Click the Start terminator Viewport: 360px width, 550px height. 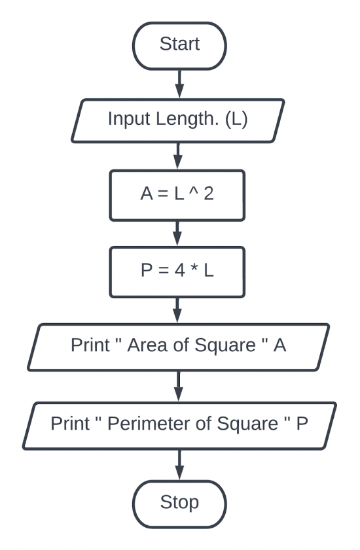click(179, 44)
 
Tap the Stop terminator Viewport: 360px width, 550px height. click(179, 503)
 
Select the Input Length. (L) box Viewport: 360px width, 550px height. click(178, 120)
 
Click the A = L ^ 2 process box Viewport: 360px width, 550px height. click(177, 195)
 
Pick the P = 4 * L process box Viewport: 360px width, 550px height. click(177, 271)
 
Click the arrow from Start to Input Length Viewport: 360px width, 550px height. click(179, 83)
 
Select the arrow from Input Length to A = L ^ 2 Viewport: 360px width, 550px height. click(178, 156)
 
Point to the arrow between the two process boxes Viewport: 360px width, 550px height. click(177, 232)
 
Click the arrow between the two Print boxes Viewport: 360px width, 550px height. click(178, 386)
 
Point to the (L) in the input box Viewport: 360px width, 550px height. click(236, 120)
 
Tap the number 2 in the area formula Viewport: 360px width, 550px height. click(208, 195)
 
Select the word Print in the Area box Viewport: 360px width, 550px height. click(90, 346)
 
